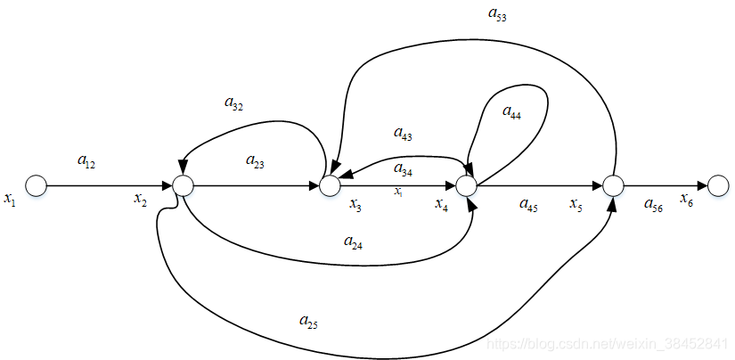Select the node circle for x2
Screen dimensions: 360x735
point(183,185)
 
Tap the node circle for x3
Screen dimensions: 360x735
point(330,185)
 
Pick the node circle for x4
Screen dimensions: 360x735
point(465,185)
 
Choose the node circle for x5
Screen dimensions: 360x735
point(613,185)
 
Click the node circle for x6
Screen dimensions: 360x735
point(719,185)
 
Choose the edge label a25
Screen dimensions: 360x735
point(308,321)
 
